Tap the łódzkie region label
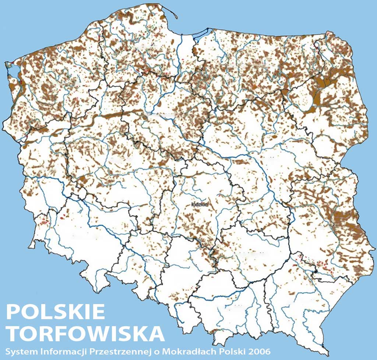point(200,205)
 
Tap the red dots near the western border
point(45,219)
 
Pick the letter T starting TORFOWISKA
point(13,334)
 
